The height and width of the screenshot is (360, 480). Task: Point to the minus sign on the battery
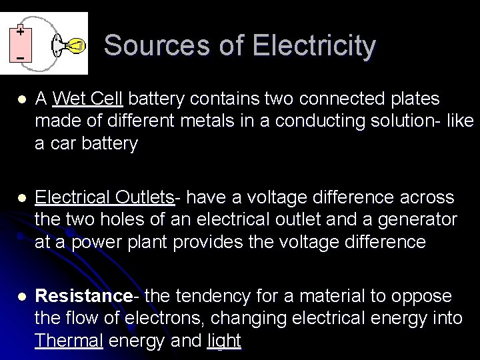[20, 59]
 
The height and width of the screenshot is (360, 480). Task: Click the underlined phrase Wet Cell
[87, 99]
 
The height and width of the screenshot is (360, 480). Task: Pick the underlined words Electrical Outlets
[104, 197]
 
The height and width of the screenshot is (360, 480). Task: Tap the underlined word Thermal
[69, 342]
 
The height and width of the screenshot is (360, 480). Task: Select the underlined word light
[225, 342]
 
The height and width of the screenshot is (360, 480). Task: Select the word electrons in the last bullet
[138, 319]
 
